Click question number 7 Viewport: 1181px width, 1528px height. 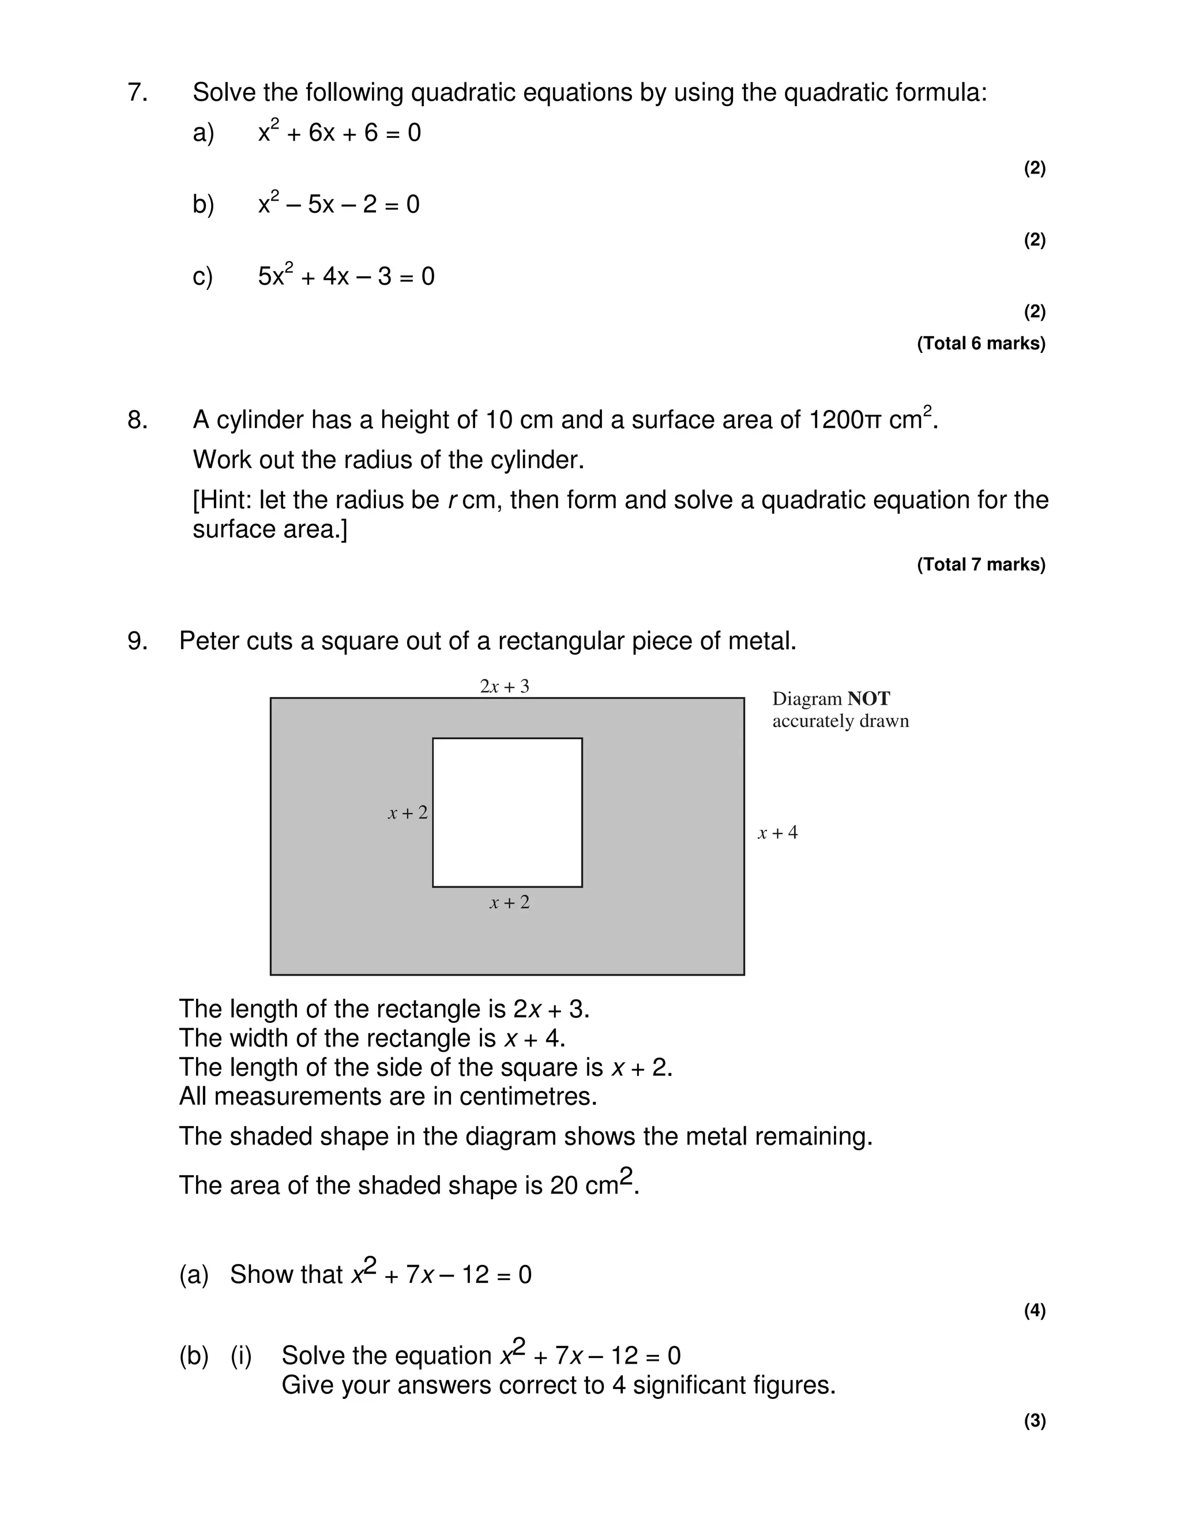(137, 92)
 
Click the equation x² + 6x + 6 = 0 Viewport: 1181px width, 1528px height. (339, 132)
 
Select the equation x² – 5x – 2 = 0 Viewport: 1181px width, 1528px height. (338, 204)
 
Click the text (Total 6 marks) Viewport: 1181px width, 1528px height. (981, 344)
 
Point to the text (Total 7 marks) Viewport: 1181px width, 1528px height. (981, 564)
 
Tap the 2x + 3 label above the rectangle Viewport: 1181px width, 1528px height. (505, 686)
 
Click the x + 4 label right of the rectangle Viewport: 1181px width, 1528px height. (777, 833)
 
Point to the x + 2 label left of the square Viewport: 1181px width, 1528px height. (408, 813)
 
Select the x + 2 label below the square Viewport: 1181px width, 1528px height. (509, 902)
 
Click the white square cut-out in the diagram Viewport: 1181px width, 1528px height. (507, 812)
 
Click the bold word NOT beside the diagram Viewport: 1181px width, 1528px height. (868, 699)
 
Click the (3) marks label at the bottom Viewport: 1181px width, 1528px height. (1035, 1421)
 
